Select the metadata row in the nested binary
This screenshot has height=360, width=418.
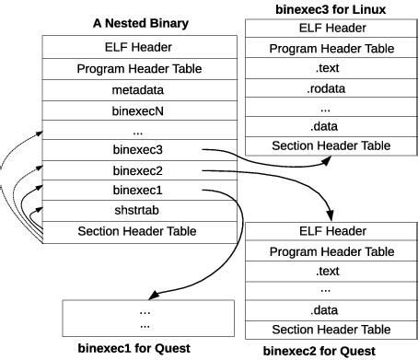(139, 89)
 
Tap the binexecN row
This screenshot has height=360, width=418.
(139, 110)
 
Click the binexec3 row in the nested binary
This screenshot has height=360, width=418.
(139, 149)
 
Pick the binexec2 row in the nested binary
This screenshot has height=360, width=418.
(139, 170)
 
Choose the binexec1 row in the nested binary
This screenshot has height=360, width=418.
(139, 191)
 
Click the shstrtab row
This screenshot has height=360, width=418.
(139, 211)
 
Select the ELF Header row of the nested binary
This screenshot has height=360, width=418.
(139, 47)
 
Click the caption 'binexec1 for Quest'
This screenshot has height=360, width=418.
(134, 347)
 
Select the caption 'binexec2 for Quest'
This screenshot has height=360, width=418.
(319, 351)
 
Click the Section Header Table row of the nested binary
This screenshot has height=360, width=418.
(139, 231)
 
